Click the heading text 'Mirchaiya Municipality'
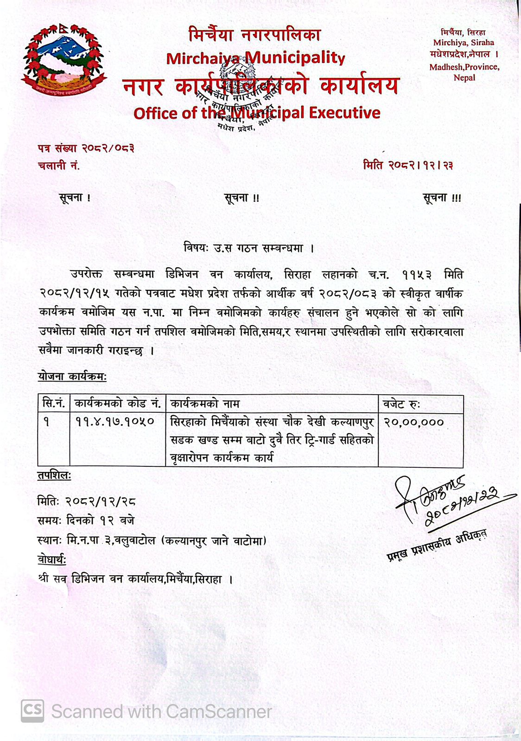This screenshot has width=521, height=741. tap(255, 58)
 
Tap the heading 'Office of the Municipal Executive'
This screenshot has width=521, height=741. tap(257, 113)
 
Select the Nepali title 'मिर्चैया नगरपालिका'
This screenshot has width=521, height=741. tap(254, 35)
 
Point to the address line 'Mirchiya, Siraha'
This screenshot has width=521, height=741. tap(464, 43)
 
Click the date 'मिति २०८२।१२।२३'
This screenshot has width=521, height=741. tap(408, 165)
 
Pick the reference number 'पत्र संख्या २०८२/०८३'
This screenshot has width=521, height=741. tap(86, 149)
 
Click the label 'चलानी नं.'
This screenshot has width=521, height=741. tap(59, 165)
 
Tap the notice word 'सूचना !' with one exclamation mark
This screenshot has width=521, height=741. tap(75, 198)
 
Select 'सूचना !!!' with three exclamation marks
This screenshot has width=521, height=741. tap(442, 198)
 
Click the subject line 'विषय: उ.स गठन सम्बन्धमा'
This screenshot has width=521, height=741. tap(249, 248)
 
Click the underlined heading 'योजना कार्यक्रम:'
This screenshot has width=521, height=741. tap(72, 377)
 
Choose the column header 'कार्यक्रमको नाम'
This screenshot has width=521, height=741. tap(205, 404)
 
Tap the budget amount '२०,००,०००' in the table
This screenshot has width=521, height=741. tap(413, 422)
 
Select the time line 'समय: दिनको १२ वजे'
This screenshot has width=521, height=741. tap(86, 521)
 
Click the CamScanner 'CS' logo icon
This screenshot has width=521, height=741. tap(32, 711)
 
